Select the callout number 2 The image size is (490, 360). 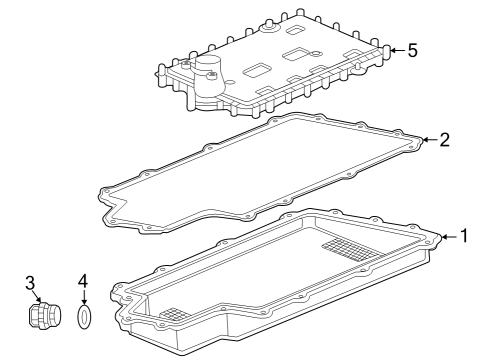(445, 139)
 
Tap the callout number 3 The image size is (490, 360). (29, 284)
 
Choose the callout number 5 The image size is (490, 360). (413, 48)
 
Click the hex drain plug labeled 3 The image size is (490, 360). (42, 317)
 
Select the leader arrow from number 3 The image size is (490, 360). (40, 299)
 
